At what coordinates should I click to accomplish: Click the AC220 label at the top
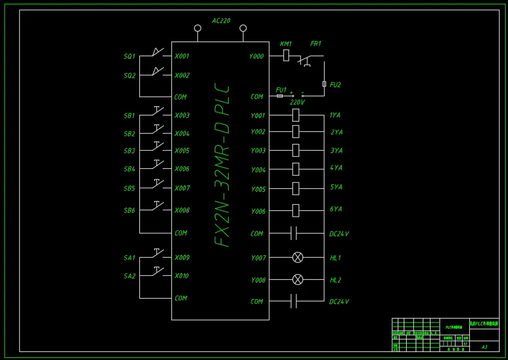221,21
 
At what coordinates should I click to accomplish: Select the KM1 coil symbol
286,55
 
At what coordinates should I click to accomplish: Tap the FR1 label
316,44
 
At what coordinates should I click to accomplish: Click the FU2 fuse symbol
324,84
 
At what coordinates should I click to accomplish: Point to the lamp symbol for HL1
298,258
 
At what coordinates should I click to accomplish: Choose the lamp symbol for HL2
298,280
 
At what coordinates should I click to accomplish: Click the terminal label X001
182,56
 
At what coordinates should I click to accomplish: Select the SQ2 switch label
130,76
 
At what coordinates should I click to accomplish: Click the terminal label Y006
258,212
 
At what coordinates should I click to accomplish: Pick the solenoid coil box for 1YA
295,115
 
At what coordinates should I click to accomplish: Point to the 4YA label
336,168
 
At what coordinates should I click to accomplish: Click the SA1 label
130,258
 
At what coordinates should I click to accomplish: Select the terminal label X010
182,276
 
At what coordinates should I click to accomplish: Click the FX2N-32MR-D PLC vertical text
222,166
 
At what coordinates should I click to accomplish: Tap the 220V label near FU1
297,103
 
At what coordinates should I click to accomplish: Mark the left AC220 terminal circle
197,28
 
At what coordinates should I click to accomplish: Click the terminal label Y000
257,56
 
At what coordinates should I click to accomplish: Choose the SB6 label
130,210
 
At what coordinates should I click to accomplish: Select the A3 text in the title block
484,346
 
